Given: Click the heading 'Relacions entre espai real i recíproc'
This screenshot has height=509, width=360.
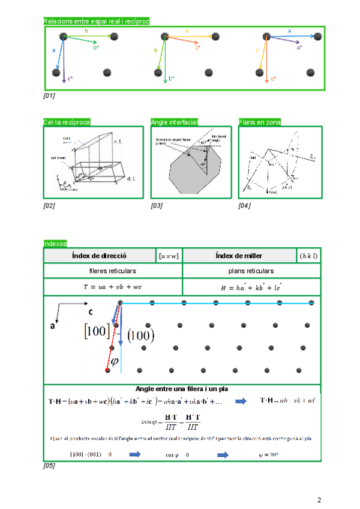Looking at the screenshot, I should coord(96,22).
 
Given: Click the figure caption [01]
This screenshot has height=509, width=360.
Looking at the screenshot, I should coord(49,95).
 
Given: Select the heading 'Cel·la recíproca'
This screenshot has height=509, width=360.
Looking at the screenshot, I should coord(67,122).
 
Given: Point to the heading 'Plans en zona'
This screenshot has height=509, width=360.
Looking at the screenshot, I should coord(259,122).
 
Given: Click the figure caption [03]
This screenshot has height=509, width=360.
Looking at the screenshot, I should coord(157,206).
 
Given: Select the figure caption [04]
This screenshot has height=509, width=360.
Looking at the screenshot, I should coord(244,206).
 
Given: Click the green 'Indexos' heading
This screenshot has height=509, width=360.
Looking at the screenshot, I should coord(55,243).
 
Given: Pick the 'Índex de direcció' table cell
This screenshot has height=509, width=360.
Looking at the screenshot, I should coord(99,256).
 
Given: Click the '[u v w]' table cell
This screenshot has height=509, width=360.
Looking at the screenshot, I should coord(169,256).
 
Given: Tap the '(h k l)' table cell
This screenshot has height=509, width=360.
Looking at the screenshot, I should coord(308,256).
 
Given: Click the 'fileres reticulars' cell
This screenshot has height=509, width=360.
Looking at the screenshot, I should coord(113,271).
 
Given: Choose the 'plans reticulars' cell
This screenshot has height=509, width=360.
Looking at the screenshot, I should coord(251,271).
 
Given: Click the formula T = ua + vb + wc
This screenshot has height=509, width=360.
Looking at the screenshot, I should coord(113,287).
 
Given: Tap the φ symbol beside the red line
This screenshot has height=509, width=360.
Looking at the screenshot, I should coord(116,361).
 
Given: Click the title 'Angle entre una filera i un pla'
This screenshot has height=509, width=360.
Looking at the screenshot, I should coord(182,388).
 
